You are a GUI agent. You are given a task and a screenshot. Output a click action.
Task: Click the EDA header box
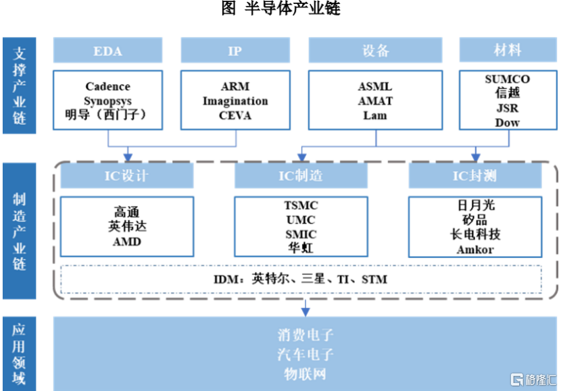108,51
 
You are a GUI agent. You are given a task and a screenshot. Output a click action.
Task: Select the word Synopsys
108,101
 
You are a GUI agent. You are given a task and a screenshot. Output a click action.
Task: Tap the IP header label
235,51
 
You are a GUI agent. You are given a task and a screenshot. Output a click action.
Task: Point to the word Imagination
235,101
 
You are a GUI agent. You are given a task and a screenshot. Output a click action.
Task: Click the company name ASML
375,86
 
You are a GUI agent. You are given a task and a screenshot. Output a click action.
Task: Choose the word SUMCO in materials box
508,79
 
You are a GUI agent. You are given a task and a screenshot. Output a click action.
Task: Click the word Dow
508,123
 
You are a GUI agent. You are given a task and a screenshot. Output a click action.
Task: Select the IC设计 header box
127,176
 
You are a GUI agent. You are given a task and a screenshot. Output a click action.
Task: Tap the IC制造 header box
301,176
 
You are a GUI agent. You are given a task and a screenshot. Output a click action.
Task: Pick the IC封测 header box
475,176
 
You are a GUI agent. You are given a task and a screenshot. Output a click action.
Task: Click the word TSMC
301,205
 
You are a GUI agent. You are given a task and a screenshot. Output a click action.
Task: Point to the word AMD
127,241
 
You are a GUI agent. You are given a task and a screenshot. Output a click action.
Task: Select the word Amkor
475,249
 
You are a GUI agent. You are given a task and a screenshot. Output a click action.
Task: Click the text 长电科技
475,234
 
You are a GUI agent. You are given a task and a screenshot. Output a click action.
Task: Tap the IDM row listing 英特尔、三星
301,278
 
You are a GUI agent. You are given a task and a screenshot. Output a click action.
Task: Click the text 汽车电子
306,354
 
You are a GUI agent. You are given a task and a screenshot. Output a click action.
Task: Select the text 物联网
306,373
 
